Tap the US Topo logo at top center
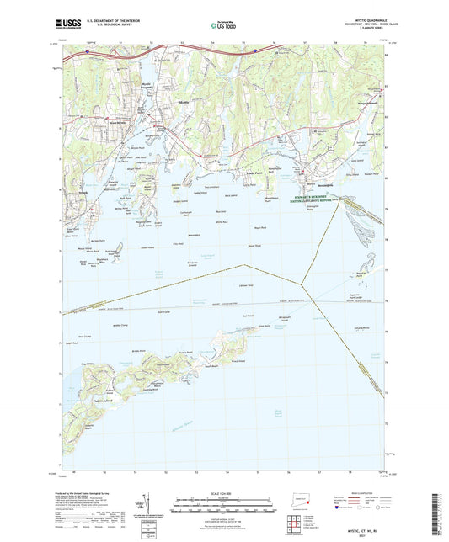tap(221, 26)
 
